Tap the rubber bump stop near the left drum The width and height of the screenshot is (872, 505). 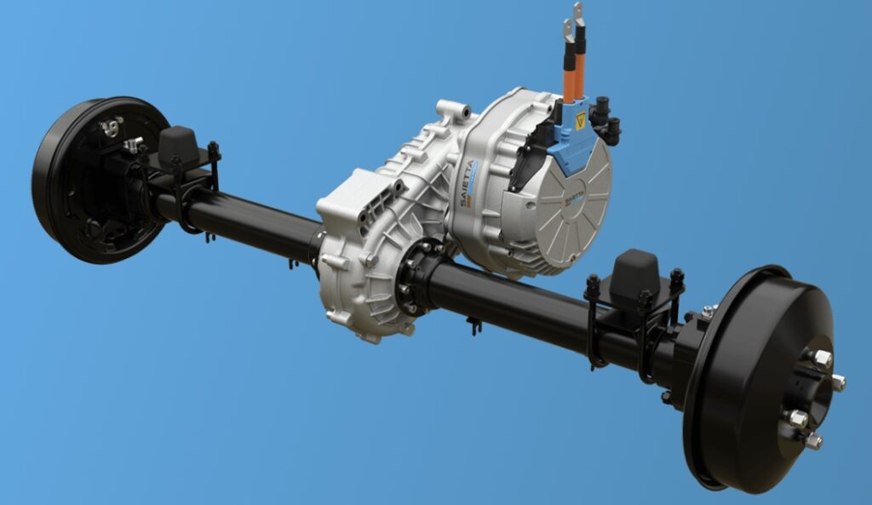coord(178,146)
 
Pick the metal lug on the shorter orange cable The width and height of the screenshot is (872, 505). coord(566,32)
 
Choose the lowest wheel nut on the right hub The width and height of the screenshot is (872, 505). coord(813,440)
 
